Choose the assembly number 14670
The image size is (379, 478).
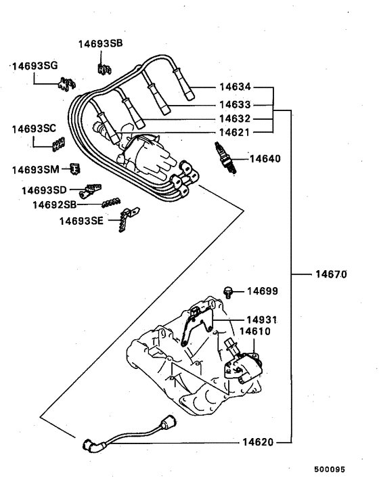(330, 275)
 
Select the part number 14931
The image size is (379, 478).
(262, 319)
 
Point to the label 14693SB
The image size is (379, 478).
(100, 43)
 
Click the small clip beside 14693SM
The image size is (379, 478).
(74, 168)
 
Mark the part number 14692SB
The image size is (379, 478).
(53, 204)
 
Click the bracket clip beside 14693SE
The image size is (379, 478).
(124, 221)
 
